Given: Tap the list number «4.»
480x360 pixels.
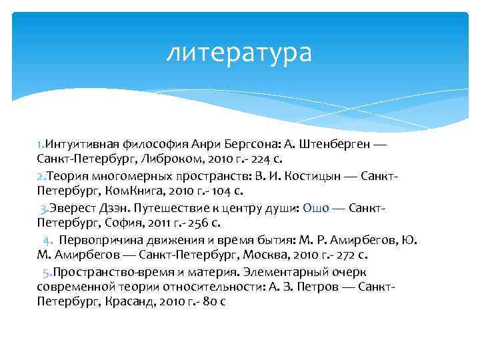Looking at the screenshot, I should [47, 240].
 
